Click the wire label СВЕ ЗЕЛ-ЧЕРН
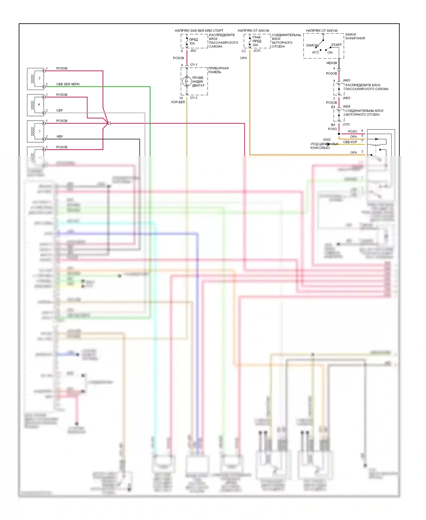68,84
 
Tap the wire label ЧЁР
59,137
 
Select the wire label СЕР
59,110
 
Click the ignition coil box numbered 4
35,105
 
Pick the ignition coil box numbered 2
35,79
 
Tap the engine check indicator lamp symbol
187,81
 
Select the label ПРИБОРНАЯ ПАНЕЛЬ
218,70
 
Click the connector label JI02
193,51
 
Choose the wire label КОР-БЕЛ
178,102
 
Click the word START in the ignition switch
336,45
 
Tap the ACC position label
316,52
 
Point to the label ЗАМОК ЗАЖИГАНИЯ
355,36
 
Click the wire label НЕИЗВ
331,63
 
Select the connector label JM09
346,106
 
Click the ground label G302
327,140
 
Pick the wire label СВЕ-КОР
350,142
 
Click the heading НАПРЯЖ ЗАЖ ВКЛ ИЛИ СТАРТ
199,30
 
